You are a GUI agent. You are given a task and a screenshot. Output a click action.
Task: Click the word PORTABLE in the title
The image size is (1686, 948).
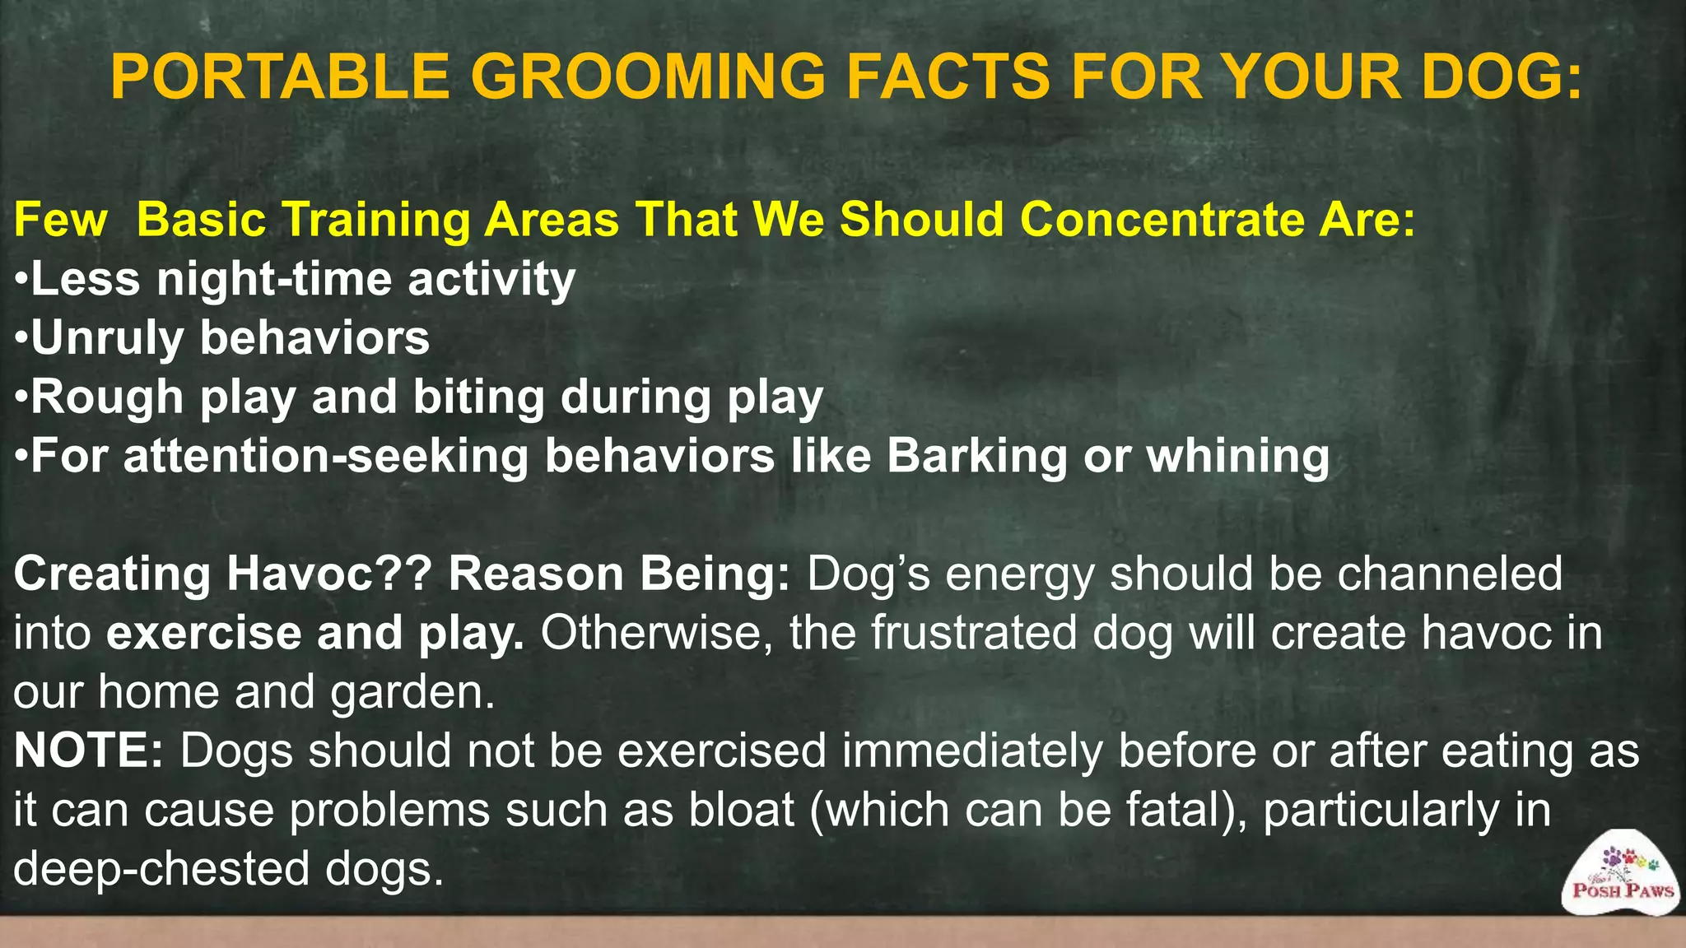[280, 77]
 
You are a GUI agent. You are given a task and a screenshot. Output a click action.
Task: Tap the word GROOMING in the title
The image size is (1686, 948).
[647, 77]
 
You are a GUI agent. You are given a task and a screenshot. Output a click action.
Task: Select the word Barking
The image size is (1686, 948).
[976, 457]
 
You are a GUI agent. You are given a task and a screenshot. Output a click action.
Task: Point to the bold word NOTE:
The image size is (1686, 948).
[89, 750]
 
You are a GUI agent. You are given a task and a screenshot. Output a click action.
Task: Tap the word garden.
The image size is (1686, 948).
[412, 692]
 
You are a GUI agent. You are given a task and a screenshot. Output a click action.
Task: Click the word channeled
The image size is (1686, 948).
[1449, 574]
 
